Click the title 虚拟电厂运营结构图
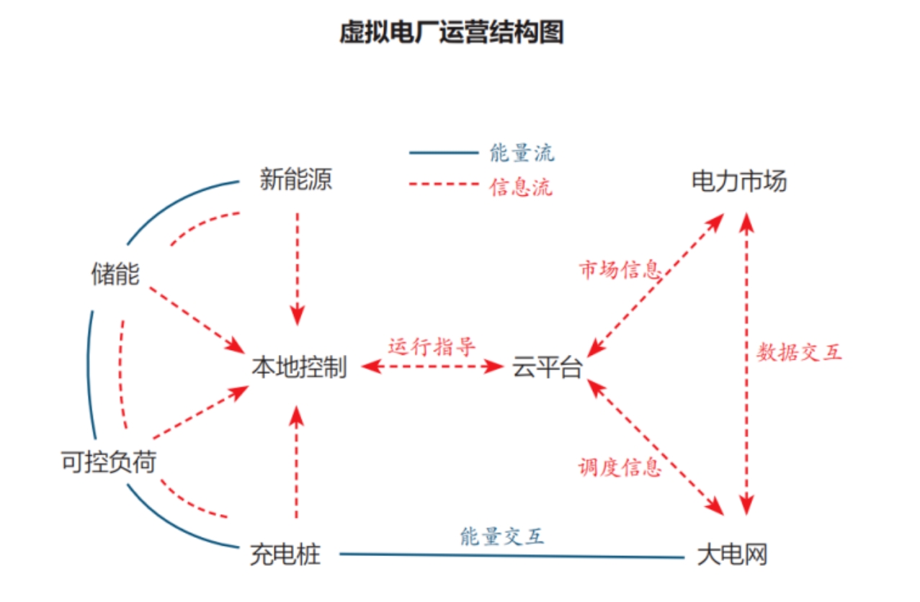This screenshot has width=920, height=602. click(451, 33)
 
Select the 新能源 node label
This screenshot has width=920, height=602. click(296, 179)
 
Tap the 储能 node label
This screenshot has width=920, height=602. click(115, 274)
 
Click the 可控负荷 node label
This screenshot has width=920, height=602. click(109, 462)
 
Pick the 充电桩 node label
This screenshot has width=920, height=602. click(285, 554)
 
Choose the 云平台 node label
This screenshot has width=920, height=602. click(548, 367)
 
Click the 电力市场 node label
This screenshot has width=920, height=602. click(739, 181)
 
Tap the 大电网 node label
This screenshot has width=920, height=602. click(733, 554)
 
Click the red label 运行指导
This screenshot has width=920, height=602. click(432, 346)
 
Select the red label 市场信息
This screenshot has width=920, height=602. click(620, 270)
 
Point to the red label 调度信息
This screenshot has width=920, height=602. click(620, 467)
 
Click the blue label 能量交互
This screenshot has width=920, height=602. click(502, 536)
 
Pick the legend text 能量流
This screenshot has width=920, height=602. click(522, 153)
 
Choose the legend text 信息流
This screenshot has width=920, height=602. click(522, 187)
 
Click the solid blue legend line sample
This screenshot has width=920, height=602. click(444, 153)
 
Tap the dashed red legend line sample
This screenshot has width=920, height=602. click(444, 186)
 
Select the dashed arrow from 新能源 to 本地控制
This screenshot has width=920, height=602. click(297, 266)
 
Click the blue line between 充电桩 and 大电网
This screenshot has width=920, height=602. click(512, 555)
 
